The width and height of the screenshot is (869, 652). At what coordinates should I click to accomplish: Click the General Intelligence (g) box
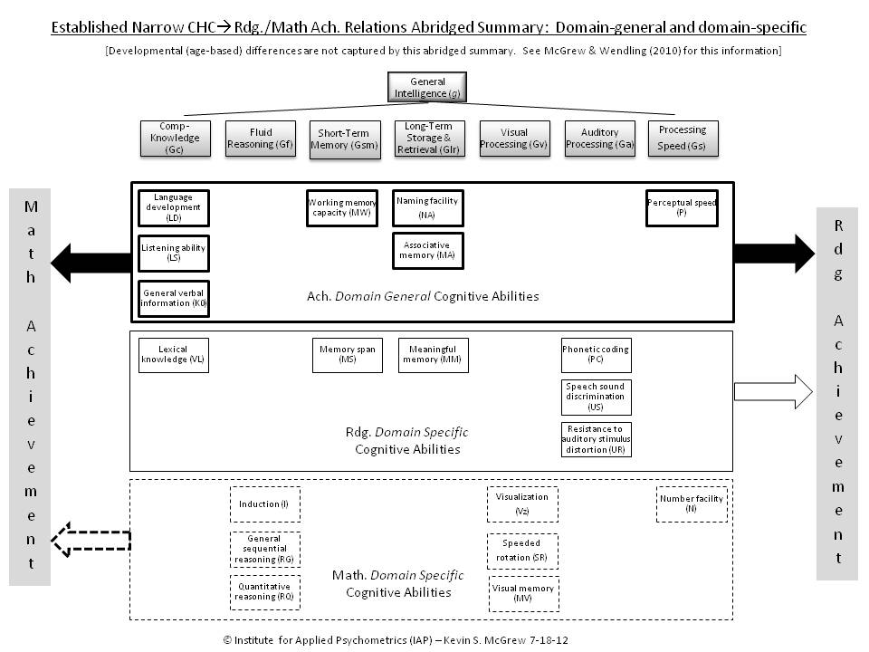pyautogui.click(x=427, y=87)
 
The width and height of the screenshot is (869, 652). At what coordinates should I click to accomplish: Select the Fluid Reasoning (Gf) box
pyautogui.click(x=261, y=139)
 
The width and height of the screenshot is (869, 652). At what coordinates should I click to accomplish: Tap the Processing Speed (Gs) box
pyautogui.click(x=683, y=139)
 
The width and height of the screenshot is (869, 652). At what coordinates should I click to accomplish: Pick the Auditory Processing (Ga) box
pyautogui.click(x=599, y=139)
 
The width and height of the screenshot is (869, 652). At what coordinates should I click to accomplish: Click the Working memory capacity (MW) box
pyautogui.click(x=342, y=207)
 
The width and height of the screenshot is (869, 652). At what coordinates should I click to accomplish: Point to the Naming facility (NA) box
pyautogui.click(x=427, y=207)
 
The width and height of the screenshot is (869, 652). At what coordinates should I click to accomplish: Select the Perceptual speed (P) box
pyautogui.click(x=682, y=207)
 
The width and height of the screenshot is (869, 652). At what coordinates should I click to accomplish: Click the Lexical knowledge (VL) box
pyautogui.click(x=174, y=355)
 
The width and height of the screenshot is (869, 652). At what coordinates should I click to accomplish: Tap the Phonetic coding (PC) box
pyautogui.click(x=596, y=355)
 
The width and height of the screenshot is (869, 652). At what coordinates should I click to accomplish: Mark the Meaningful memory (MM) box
pyautogui.click(x=433, y=355)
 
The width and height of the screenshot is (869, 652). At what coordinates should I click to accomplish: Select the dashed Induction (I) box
pyautogui.click(x=264, y=504)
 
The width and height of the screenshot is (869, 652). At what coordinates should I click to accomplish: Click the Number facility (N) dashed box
pyautogui.click(x=692, y=504)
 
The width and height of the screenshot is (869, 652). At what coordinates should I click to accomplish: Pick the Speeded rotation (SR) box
pyautogui.click(x=523, y=551)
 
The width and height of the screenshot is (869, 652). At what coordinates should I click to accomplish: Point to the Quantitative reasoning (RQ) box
pyautogui.click(x=264, y=591)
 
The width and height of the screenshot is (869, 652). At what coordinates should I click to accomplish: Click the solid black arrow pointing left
pyautogui.click(x=91, y=263)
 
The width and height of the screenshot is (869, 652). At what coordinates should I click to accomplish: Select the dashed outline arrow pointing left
pyautogui.click(x=91, y=541)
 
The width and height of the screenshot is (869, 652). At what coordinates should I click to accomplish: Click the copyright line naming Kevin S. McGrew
pyautogui.click(x=396, y=639)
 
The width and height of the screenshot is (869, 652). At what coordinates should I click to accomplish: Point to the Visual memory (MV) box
pyautogui.click(x=523, y=593)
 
